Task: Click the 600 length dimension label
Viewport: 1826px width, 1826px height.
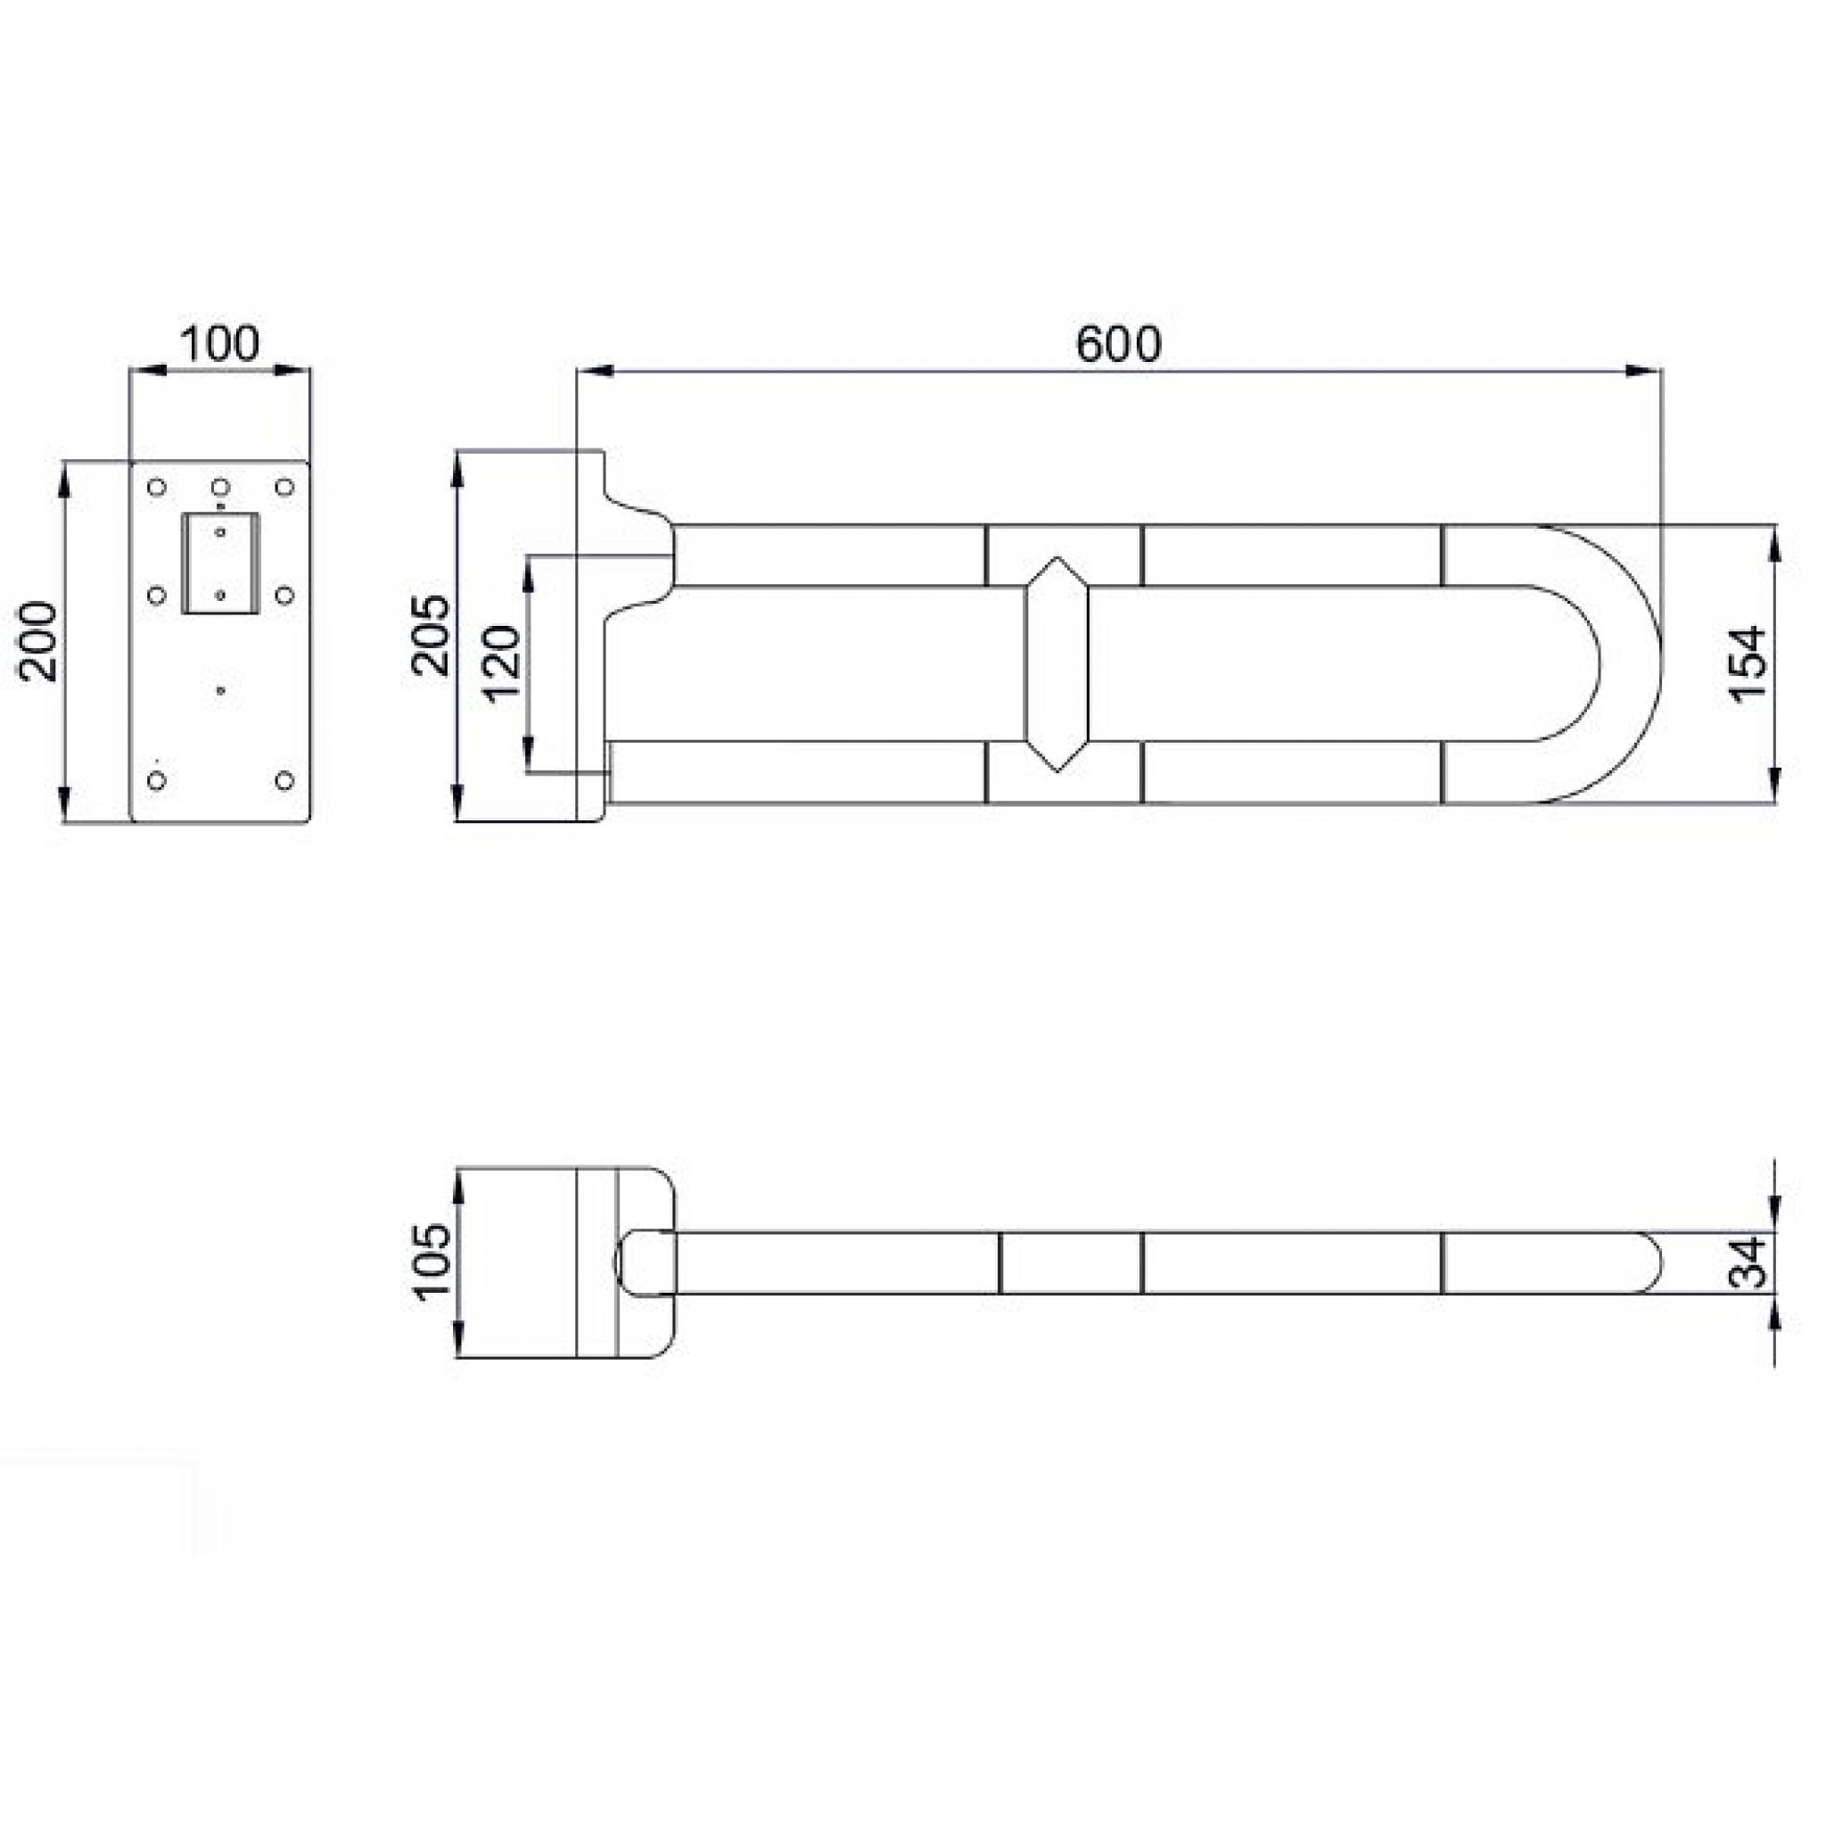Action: click(1118, 345)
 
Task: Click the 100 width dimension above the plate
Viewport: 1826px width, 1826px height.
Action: click(219, 345)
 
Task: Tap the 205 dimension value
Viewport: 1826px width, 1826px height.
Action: click(431, 634)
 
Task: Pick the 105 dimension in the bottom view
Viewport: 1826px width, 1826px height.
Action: click(432, 1263)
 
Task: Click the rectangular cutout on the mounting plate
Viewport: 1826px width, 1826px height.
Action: click(219, 563)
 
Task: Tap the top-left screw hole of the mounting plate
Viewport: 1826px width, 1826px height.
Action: click(158, 488)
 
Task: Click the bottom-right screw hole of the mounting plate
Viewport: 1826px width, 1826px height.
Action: click(284, 781)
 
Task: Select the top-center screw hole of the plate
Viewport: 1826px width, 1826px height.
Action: click(220, 488)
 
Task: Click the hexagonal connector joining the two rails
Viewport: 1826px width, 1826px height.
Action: click(1057, 663)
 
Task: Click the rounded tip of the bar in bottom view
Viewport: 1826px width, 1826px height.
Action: click(1649, 1263)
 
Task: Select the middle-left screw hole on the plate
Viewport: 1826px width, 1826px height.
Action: click(158, 596)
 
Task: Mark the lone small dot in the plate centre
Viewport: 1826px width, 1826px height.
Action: click(220, 691)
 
